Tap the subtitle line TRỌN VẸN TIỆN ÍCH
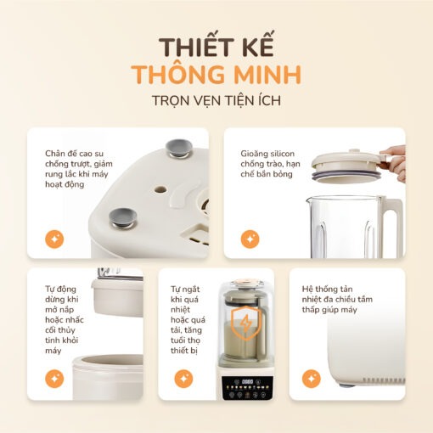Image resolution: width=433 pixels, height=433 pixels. [216, 101]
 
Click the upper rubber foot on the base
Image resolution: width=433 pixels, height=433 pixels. [179, 149]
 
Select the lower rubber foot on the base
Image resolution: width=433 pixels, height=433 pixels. [123, 218]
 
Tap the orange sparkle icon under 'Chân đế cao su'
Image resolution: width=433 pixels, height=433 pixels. [54, 239]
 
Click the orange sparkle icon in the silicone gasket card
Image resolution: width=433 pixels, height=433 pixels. [250, 239]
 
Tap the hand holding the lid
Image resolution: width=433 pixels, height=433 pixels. [395, 161]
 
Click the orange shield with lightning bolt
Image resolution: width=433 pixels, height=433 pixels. [246, 323]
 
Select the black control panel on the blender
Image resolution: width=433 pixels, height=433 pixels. [248, 388]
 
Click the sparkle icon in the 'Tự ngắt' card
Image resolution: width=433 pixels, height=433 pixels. [183, 379]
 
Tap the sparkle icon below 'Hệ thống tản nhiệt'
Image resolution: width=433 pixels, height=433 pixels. [312, 379]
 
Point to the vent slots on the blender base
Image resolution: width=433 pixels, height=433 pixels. [384, 380]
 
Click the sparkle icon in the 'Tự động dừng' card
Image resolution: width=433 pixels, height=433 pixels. [54, 379]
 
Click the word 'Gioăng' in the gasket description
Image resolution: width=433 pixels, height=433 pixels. [253, 154]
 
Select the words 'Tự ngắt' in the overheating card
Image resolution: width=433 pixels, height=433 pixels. [185, 290]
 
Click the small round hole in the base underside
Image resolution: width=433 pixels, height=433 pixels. [160, 189]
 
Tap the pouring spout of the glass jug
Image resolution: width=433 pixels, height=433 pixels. [309, 200]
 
